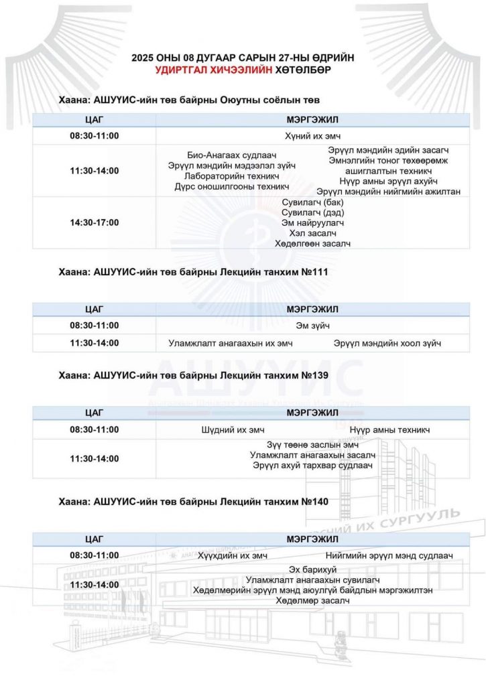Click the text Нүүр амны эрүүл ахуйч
click(x=388, y=181)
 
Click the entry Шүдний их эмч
click(x=231, y=429)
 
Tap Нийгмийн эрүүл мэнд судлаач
click(x=389, y=555)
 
